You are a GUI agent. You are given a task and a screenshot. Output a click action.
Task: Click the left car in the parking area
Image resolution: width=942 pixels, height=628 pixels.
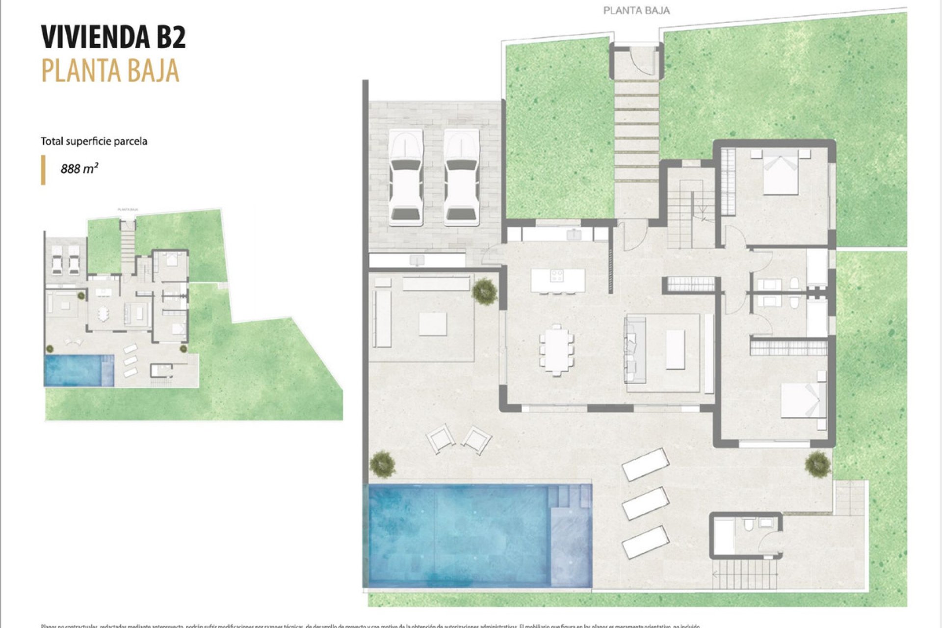406,178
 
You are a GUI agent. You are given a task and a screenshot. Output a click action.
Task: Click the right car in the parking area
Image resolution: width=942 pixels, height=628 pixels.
461,178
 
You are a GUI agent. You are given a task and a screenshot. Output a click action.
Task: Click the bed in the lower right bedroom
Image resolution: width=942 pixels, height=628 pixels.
803,400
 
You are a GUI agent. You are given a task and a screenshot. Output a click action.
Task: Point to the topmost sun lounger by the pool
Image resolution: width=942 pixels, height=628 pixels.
645,464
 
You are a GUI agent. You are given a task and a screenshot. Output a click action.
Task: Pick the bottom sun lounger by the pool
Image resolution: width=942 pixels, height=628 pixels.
645,542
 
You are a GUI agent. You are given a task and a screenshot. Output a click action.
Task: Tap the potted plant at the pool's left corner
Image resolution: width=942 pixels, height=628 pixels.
382,464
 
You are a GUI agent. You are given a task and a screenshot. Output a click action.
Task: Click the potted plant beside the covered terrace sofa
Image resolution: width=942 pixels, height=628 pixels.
485,292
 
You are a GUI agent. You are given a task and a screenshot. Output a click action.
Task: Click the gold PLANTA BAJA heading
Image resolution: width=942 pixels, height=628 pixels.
110,70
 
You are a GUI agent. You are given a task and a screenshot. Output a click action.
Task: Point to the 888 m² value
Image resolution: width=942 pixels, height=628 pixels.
79,169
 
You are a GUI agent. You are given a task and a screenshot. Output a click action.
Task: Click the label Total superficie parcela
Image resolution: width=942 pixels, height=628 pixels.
94,141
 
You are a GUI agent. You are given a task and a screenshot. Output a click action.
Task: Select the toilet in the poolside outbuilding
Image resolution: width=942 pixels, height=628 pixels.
748,526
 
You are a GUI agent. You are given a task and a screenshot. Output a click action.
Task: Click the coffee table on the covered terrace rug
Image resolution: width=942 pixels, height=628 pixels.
433,324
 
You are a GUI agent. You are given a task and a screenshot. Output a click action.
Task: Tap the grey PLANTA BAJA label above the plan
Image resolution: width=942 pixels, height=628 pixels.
636,10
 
